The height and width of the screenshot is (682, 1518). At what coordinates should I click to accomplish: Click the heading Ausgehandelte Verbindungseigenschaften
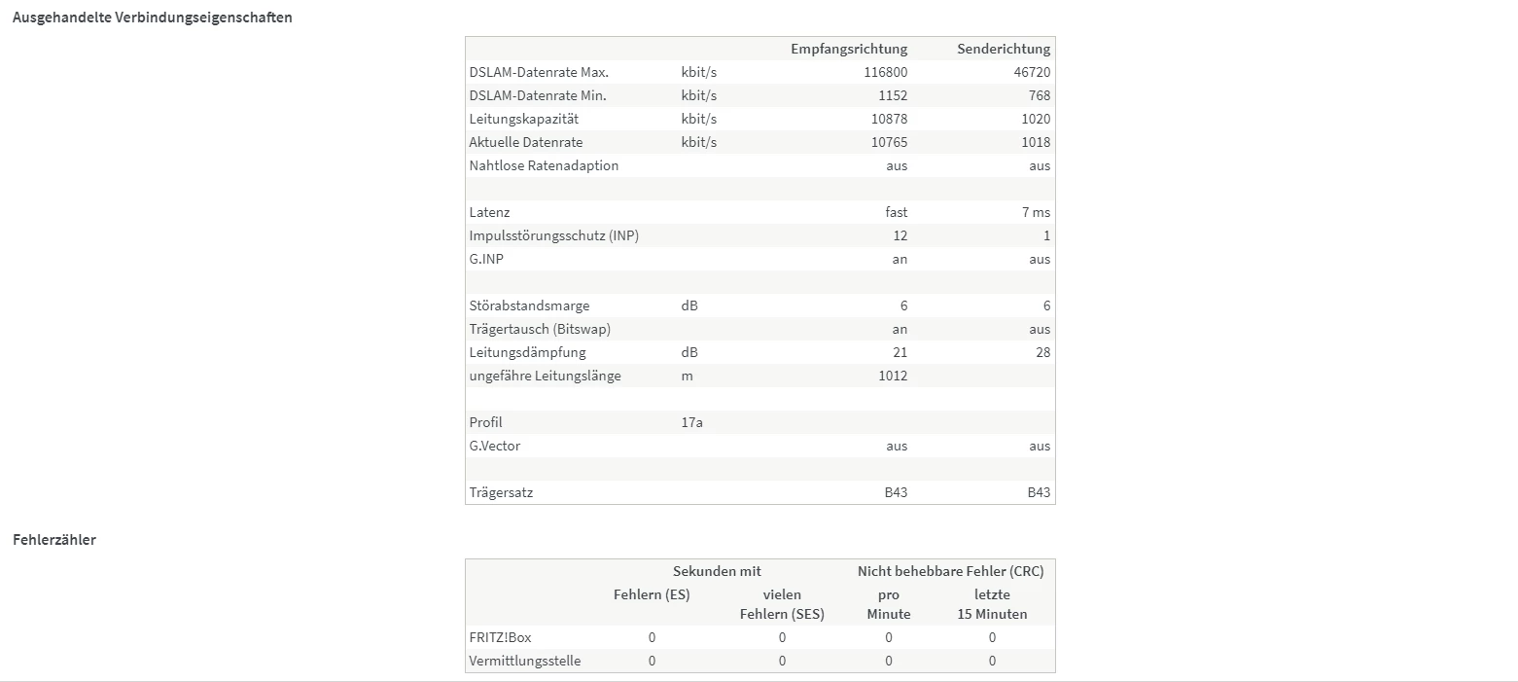152,18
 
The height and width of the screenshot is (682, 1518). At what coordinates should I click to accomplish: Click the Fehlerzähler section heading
54,539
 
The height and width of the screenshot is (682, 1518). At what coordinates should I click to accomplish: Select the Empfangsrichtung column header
848,49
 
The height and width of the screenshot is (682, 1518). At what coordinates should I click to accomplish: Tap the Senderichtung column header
1003,49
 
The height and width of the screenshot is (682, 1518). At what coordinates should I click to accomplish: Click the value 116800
885,72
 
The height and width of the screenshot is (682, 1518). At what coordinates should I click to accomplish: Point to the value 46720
1031,72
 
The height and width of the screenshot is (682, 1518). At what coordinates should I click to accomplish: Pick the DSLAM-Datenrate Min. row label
537,95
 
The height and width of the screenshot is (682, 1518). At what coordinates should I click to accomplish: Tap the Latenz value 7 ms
1037,212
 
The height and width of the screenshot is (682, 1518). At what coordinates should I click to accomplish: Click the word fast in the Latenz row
896,212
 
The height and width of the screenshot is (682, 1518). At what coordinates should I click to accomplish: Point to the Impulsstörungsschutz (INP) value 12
900,235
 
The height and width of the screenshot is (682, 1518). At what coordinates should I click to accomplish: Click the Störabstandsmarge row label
529,305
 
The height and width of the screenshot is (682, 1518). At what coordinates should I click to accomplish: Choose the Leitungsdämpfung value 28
1042,352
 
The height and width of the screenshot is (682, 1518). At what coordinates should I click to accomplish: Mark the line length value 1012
892,376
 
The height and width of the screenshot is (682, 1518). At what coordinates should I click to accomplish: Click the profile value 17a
692,422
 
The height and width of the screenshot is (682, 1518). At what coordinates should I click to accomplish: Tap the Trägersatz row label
501,492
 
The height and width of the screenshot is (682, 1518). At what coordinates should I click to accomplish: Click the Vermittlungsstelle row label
525,661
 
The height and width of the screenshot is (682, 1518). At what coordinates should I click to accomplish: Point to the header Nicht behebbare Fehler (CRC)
950,571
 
